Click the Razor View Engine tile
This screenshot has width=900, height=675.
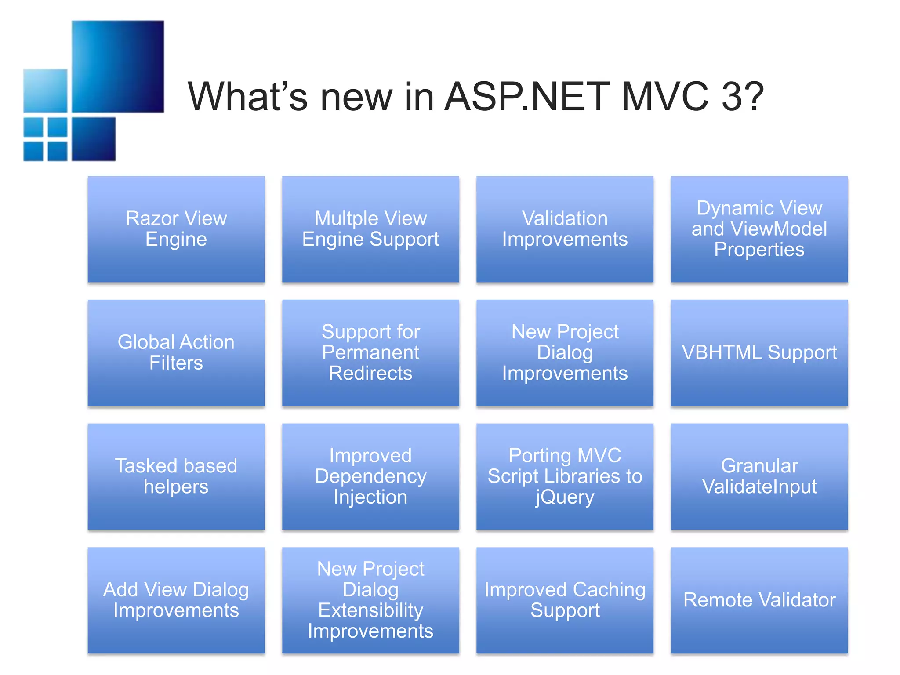[x=176, y=229]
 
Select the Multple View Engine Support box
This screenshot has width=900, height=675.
[x=370, y=229]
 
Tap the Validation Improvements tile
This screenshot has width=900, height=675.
[x=565, y=229]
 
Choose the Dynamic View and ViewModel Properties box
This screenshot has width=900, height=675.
[x=759, y=229]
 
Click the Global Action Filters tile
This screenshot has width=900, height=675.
[x=176, y=352]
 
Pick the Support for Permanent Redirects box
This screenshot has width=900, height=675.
[x=370, y=352]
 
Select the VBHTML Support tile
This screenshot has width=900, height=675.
[x=759, y=352]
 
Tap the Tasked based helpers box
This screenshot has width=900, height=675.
[x=176, y=476]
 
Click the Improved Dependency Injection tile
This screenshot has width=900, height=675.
[x=370, y=476]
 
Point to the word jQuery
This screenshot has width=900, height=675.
[x=565, y=497]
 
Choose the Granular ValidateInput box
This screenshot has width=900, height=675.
[x=759, y=476]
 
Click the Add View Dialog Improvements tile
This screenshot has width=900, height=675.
[x=176, y=600]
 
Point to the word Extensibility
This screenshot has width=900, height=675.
[x=370, y=610]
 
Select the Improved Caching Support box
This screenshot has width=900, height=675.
[x=565, y=600]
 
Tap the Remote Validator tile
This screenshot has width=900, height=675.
[x=759, y=600]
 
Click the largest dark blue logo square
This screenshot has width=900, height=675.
[x=118, y=66]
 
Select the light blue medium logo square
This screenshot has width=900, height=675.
[x=45, y=91]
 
